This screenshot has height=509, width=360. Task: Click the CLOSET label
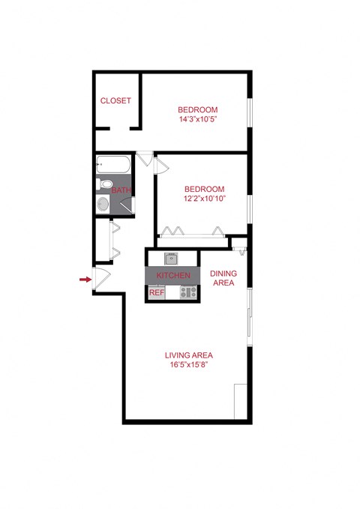tap(115, 100)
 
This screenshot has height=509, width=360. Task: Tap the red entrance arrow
tap(84, 280)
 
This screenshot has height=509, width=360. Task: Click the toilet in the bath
tap(106, 184)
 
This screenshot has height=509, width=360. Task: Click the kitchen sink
tap(171, 259)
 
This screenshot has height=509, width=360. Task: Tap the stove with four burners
tap(187, 292)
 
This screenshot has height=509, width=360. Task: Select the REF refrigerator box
tap(156, 292)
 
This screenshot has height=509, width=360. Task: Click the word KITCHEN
tap(173, 276)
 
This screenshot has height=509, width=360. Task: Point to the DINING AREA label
tap(223, 278)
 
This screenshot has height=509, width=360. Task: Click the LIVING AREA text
tap(189, 355)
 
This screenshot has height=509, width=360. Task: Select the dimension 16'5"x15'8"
tap(189, 365)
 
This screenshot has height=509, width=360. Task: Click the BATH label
tap(121, 190)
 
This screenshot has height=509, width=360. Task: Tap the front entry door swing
tap(101, 275)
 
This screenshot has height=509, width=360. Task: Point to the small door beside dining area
tap(238, 244)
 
